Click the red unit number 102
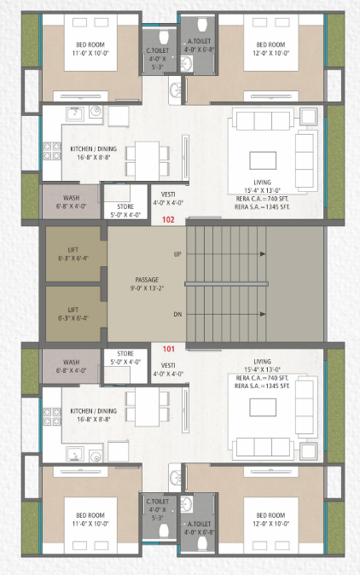(167, 219)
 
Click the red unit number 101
(167, 348)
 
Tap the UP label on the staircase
(177, 254)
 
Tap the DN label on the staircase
(177, 314)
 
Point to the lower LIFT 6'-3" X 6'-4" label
(73, 313)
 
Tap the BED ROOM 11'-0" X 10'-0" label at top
(90, 49)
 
